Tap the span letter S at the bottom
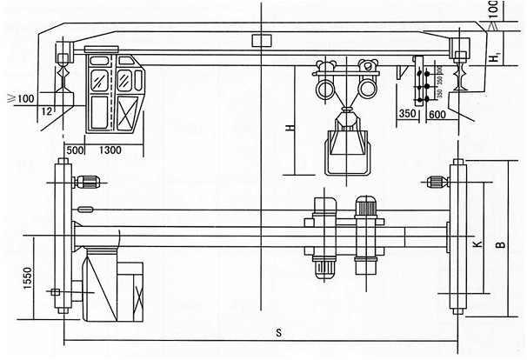278,332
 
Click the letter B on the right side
499,246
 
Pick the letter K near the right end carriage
477,246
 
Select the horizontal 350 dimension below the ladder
407,113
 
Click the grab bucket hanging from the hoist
345,149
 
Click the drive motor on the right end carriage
437,182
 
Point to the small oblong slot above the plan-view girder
84,209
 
